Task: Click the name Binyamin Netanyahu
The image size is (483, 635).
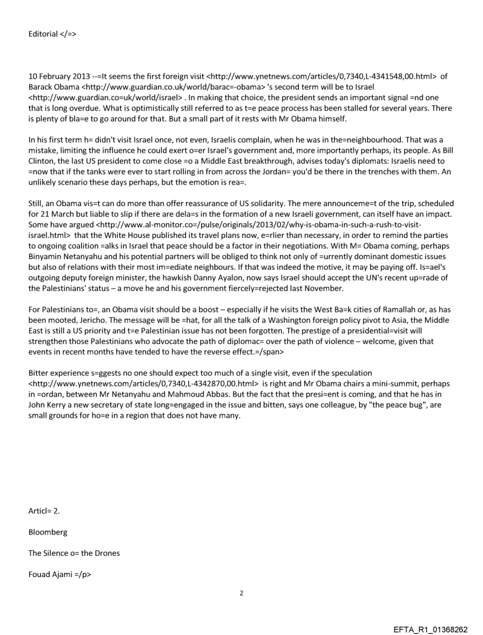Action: coord(66,257)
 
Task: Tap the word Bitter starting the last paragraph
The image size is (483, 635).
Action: coord(38,373)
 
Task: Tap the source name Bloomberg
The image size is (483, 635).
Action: coord(48,532)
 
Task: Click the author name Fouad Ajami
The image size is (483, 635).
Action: coord(51,575)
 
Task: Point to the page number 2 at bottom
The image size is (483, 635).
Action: coord(241,592)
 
